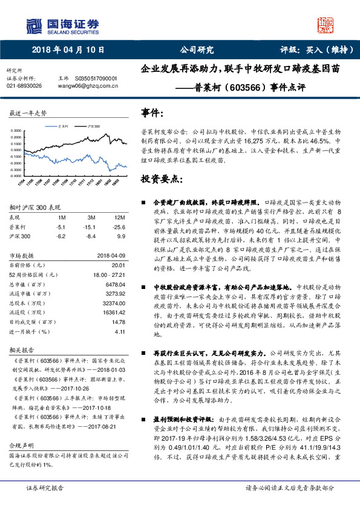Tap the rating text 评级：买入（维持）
point(315,51)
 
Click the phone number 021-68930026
point(24,86)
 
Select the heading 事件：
point(152,114)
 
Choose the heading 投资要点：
point(161,180)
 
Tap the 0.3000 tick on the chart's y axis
point(16,130)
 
